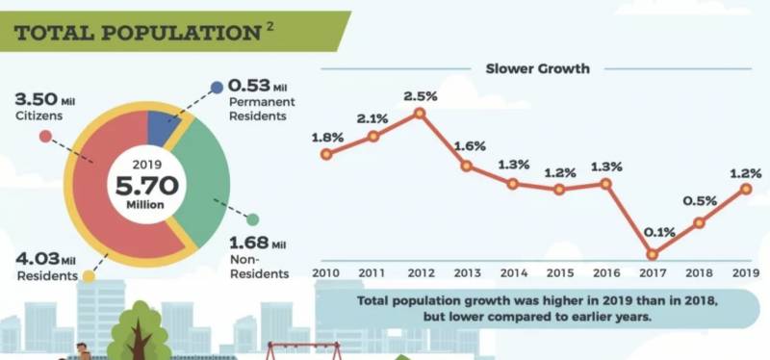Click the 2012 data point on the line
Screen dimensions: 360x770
coord(420,114)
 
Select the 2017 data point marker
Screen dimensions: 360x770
coord(653,254)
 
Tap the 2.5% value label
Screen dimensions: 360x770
coord(420,95)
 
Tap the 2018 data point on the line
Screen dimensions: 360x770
coord(700,222)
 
